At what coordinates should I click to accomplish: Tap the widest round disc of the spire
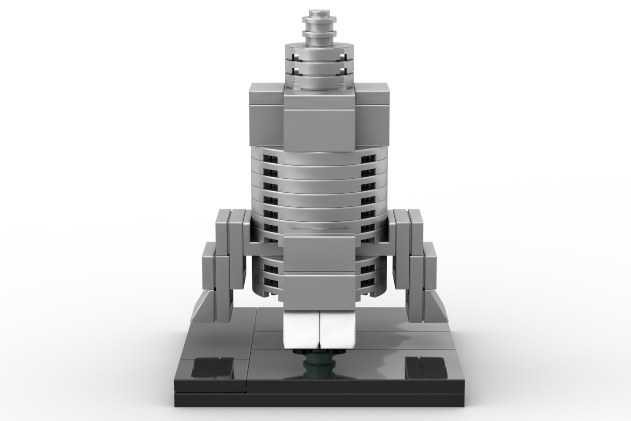(x=319, y=50)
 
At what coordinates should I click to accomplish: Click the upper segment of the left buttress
(x=230, y=227)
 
